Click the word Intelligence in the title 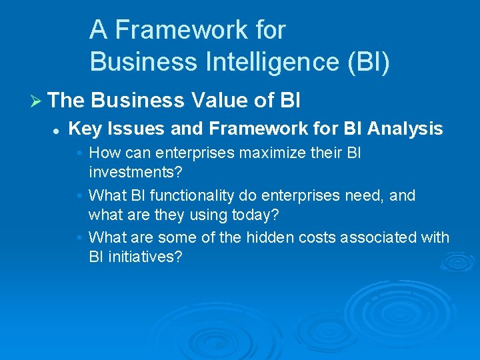pyautogui.click(x=261, y=62)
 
